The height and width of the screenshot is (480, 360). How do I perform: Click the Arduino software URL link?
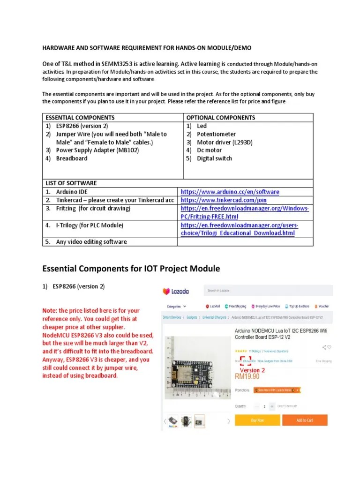[230, 192]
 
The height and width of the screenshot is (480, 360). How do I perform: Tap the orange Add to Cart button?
[304, 420]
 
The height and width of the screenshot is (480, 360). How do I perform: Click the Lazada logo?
[176, 291]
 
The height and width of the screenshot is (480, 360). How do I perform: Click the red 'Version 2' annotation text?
[253, 370]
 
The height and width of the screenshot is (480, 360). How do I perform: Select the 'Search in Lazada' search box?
[244, 291]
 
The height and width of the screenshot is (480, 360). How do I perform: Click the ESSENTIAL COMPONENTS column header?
[80, 118]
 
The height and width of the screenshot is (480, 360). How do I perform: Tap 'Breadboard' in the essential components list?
[72, 158]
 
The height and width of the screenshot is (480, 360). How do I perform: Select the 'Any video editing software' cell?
[91, 242]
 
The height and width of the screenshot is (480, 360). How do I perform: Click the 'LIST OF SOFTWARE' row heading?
[70, 183]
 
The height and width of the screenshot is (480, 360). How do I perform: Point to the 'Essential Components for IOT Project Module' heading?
[131, 269]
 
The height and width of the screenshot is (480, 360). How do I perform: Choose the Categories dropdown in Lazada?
[174, 306]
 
